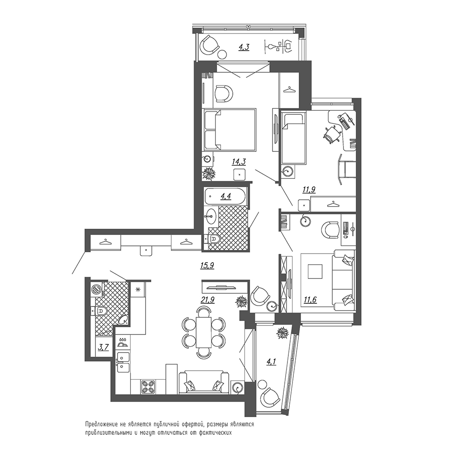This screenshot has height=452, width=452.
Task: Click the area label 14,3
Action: [239, 162]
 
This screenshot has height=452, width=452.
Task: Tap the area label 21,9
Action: [207, 300]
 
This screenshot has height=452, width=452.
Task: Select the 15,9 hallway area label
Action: [207, 265]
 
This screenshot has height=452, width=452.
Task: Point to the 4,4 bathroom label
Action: [226, 196]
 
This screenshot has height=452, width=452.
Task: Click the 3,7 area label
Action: [103, 347]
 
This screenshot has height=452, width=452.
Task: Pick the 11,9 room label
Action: [309, 189]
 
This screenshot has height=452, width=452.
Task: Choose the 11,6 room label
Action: [310, 300]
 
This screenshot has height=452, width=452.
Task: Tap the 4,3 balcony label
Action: [244, 47]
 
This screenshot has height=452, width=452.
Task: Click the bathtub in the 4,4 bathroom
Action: [225, 197]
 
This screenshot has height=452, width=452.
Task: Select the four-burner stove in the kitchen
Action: [148, 387]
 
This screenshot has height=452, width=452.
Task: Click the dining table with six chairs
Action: [204, 332]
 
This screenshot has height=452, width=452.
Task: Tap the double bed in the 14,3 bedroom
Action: [229, 129]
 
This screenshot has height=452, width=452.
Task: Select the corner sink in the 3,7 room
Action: [124, 320]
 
